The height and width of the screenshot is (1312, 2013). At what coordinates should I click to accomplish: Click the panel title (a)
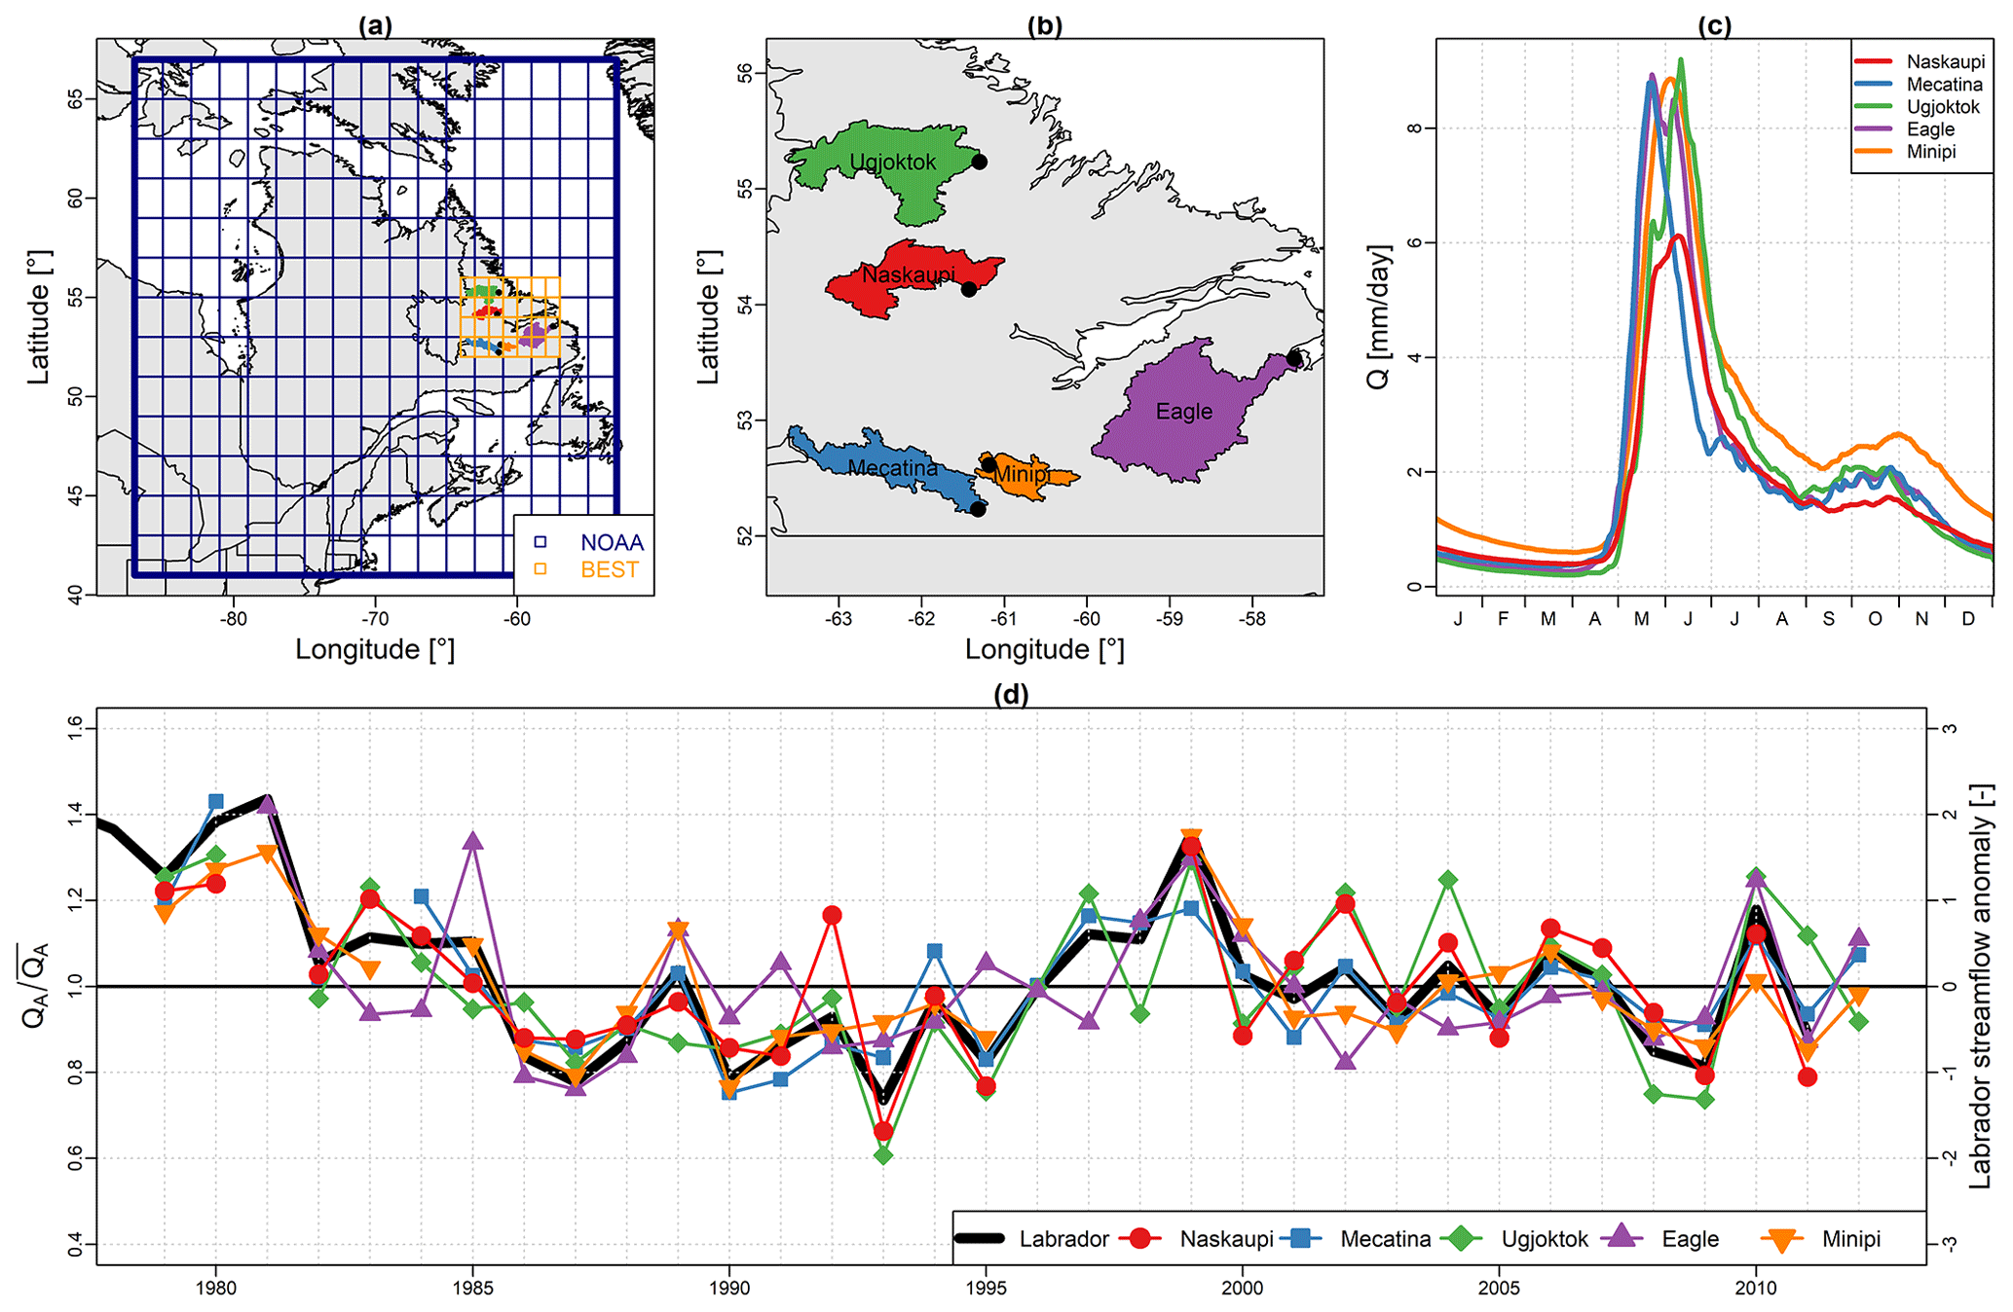click(x=375, y=26)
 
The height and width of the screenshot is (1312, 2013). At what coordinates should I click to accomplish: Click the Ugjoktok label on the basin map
click(x=892, y=163)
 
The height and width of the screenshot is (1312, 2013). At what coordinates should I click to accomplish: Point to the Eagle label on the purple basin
click(x=1183, y=412)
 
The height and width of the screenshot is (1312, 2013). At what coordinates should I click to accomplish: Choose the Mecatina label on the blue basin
click(x=892, y=468)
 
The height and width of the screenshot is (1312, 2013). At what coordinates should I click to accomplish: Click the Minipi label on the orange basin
click(x=1021, y=475)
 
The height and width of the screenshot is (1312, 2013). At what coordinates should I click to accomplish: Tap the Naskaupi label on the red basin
click(x=908, y=275)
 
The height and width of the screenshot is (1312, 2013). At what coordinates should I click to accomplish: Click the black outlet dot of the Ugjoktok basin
click(x=979, y=162)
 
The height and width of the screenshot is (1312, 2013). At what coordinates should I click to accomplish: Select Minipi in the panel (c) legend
click(x=1930, y=152)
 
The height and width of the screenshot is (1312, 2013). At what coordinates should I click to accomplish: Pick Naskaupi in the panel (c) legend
click(x=1945, y=62)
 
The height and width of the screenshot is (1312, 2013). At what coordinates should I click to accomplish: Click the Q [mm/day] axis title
click(x=1379, y=316)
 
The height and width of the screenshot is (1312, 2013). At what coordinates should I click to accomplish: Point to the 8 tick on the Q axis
click(x=1414, y=128)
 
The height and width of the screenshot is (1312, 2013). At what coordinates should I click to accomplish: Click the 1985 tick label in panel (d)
click(x=472, y=1289)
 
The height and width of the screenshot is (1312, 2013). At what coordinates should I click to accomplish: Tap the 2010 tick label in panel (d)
click(x=1755, y=1289)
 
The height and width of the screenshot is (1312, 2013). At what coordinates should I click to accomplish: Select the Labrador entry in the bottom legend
click(x=1063, y=1240)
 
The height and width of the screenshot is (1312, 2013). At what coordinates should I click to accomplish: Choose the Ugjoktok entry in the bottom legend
click(x=1544, y=1240)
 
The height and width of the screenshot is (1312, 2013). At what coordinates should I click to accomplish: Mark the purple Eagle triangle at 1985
click(x=473, y=842)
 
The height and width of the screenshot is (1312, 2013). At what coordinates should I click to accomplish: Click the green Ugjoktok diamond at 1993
click(x=883, y=1155)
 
